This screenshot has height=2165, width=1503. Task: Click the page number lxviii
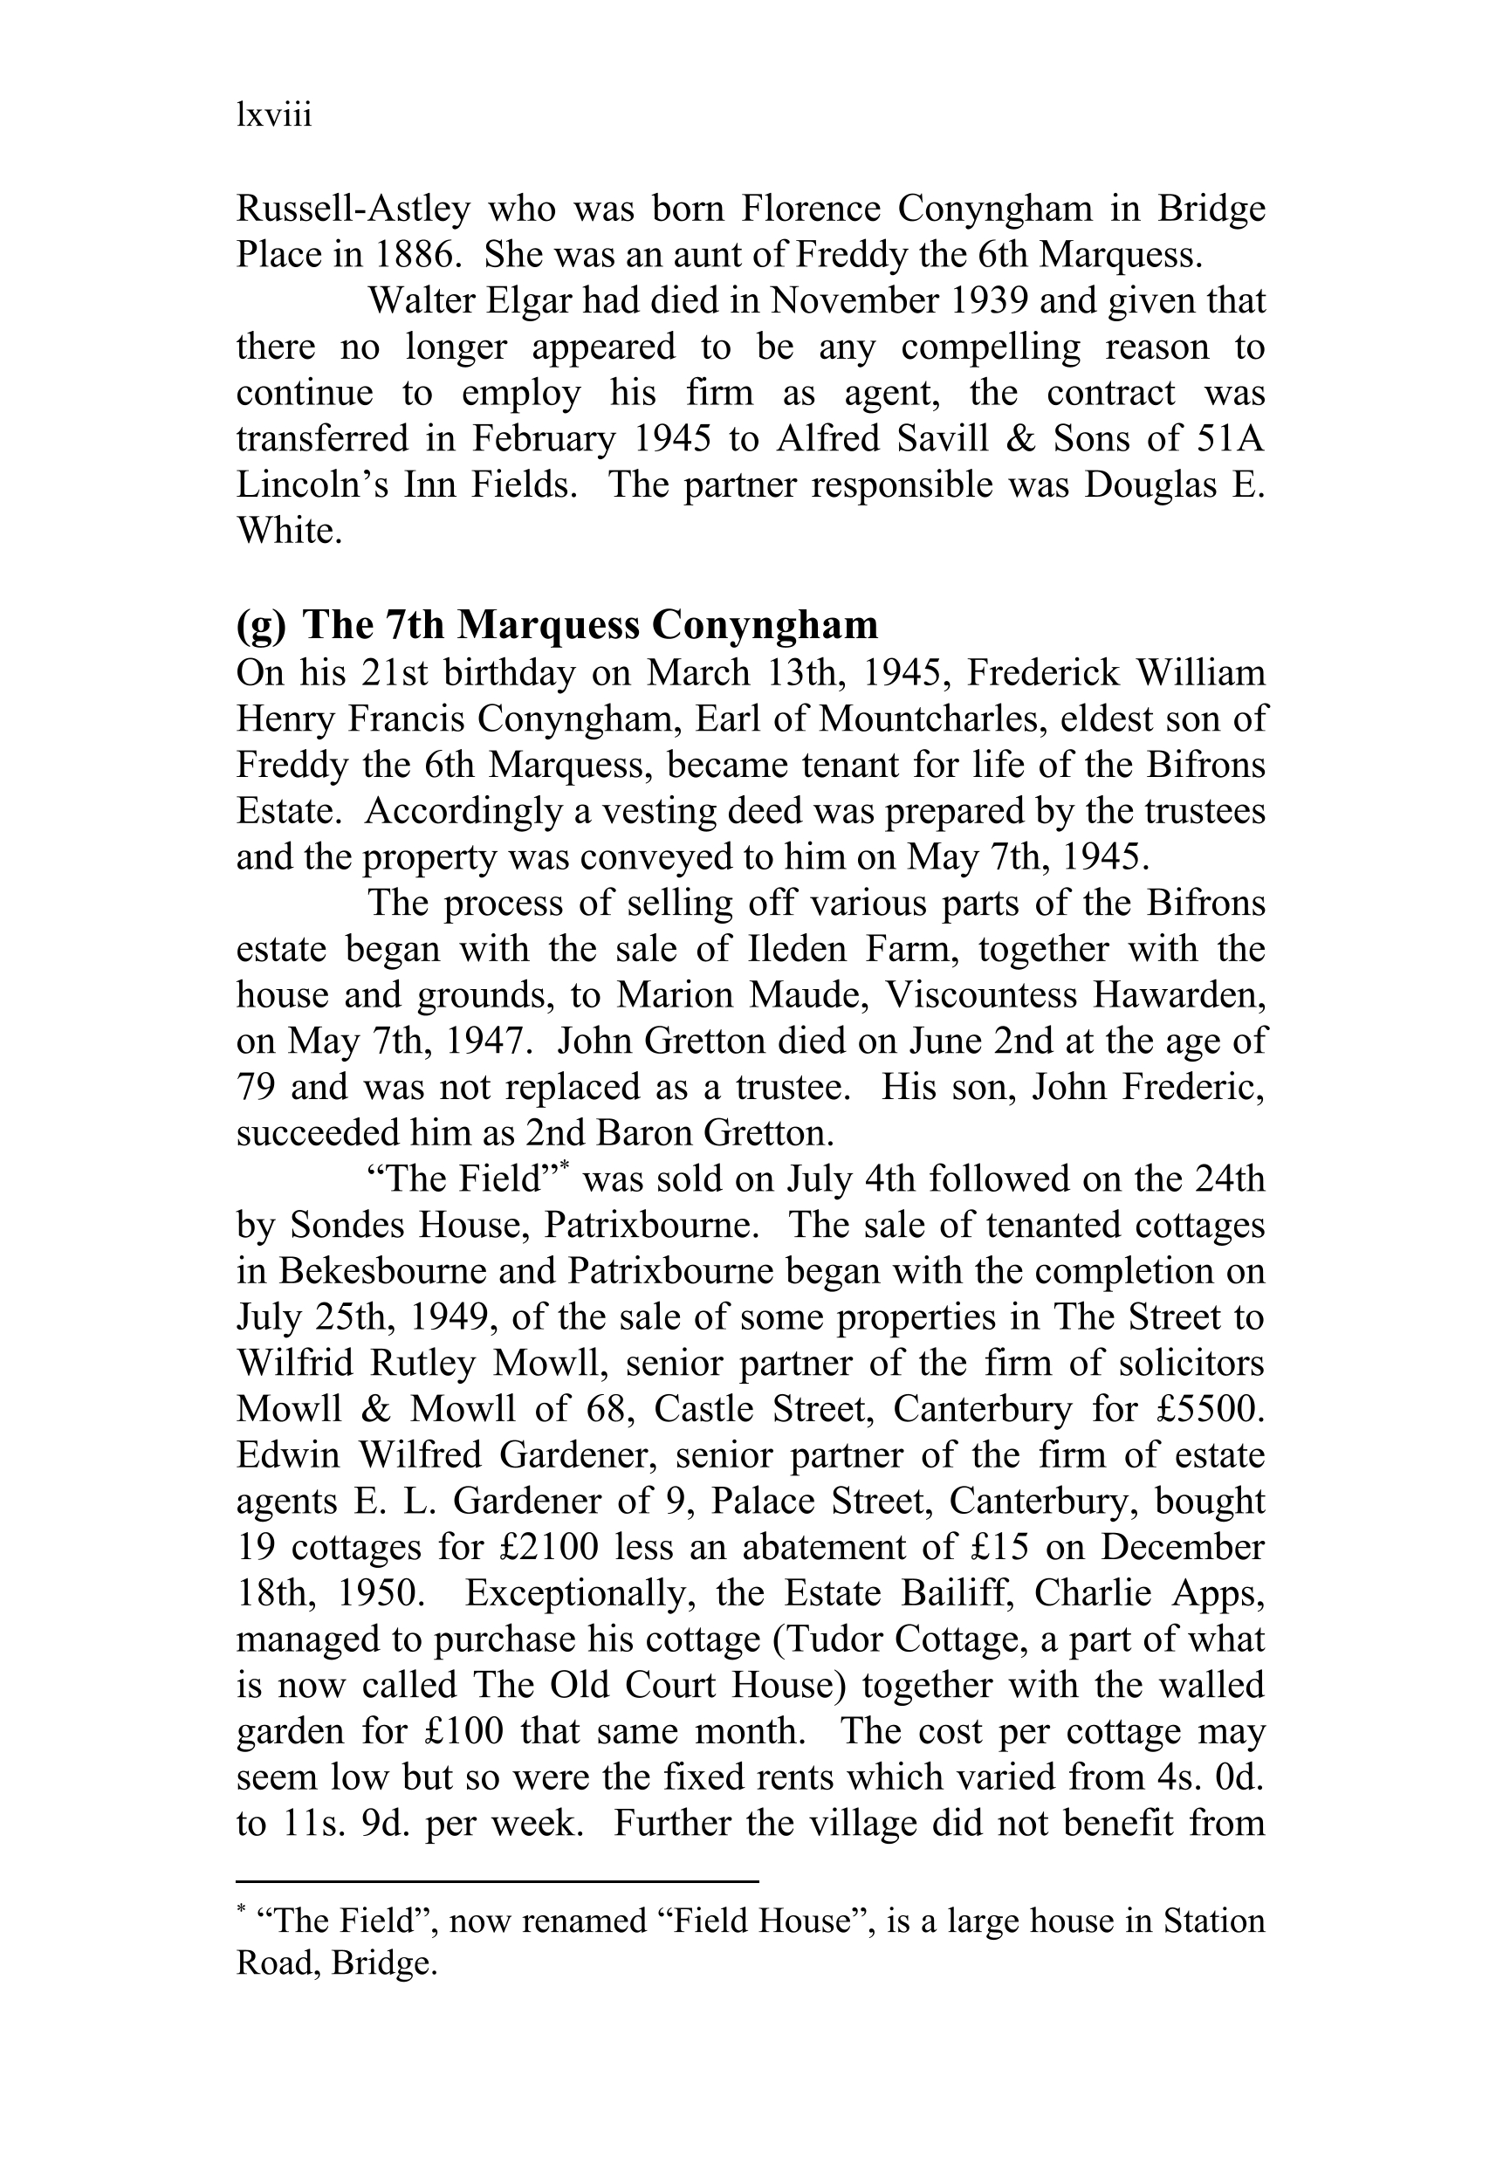tap(273, 116)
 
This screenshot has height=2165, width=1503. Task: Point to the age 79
tap(255, 1088)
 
